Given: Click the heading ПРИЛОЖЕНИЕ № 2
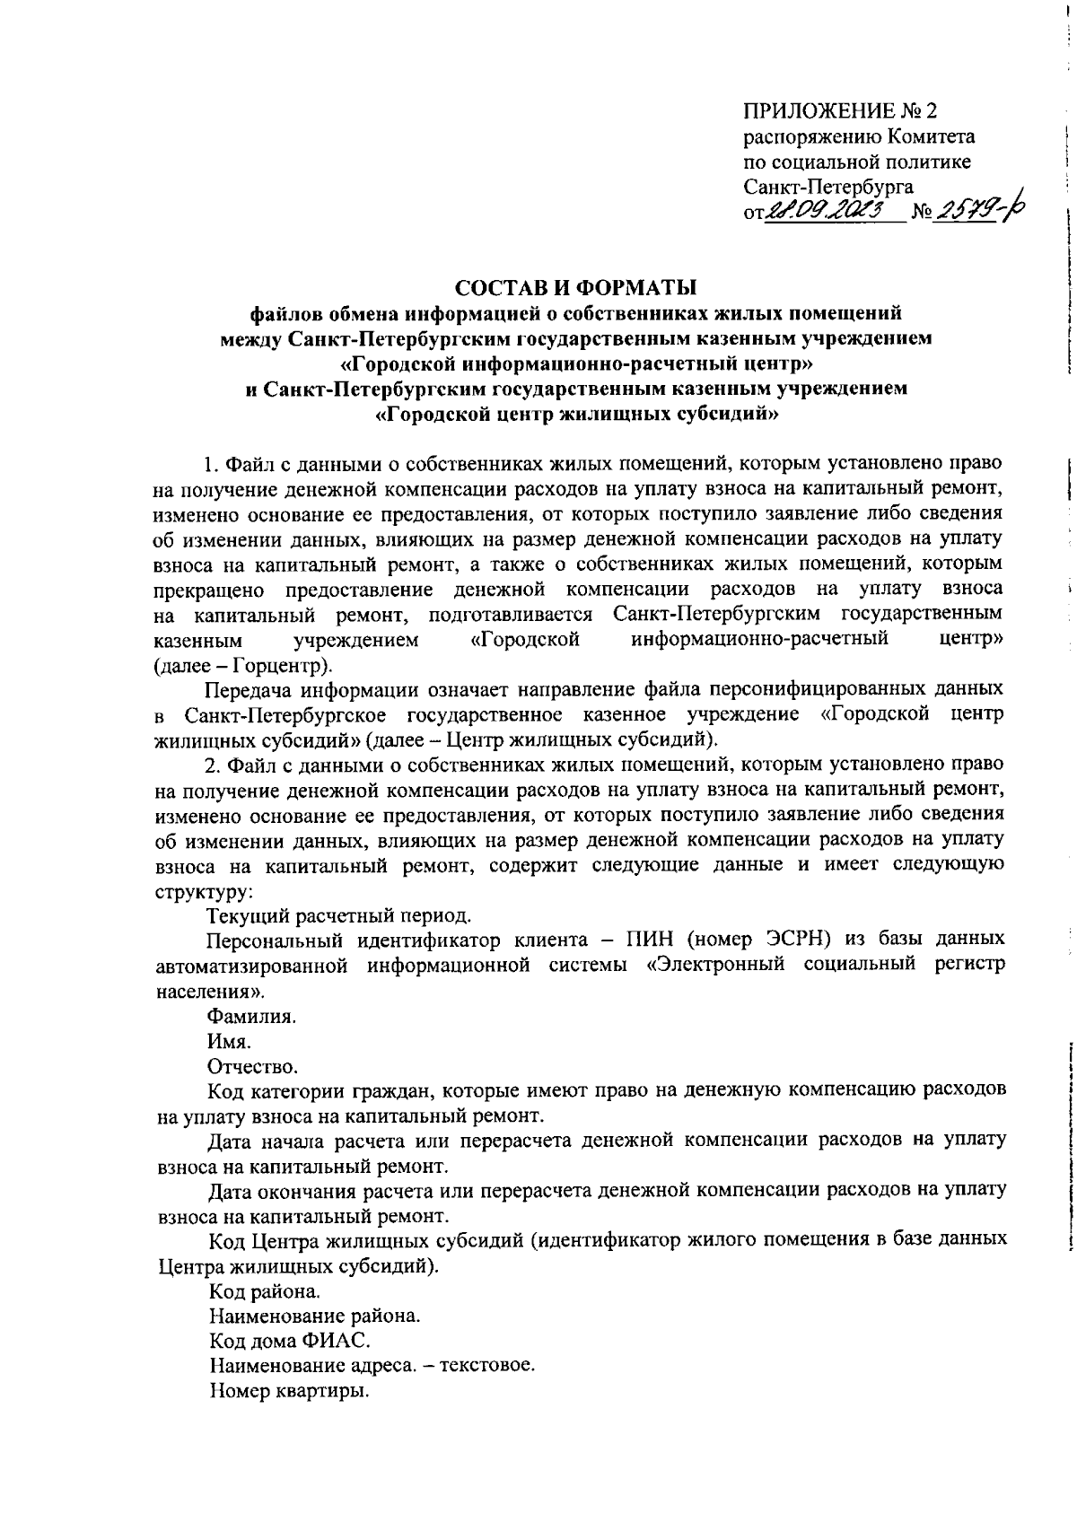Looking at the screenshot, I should pyautogui.click(x=839, y=111).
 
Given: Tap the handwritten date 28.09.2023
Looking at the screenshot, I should pyautogui.click(x=834, y=212).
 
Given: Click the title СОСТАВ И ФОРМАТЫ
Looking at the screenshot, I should pyautogui.click(x=575, y=287).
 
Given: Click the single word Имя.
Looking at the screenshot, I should pyautogui.click(x=229, y=1042).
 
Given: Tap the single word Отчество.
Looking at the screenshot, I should pyautogui.click(x=252, y=1067).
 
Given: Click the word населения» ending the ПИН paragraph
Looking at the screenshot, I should pyautogui.click(x=211, y=992).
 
